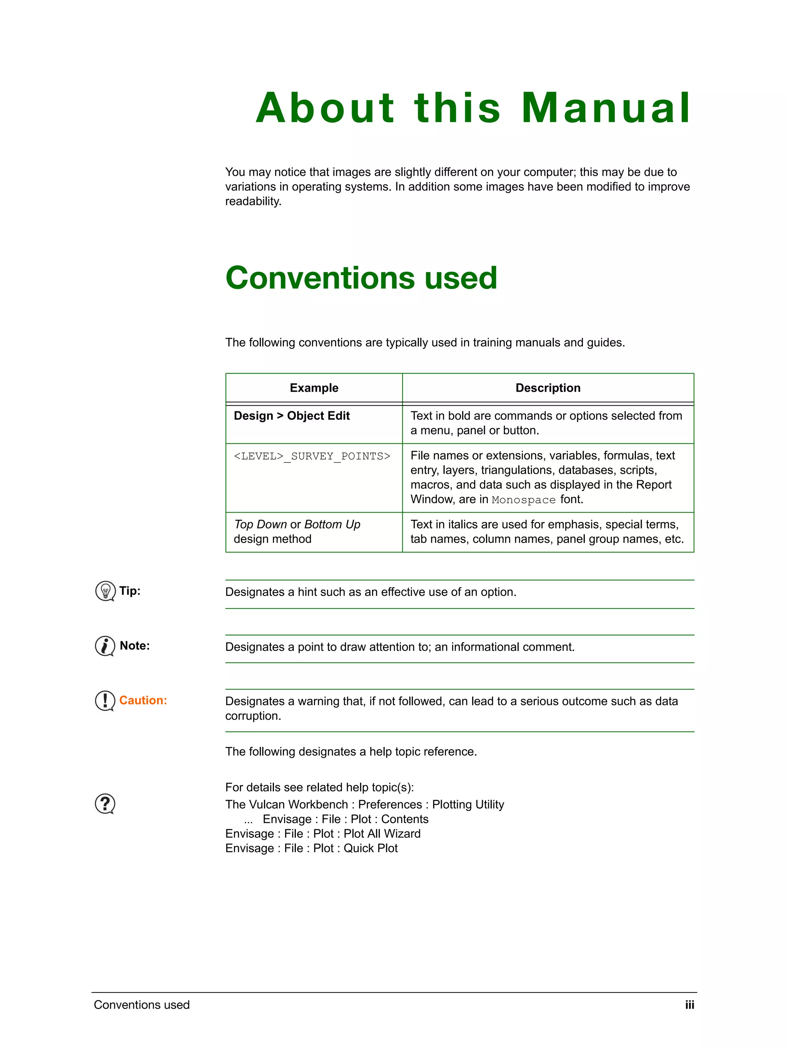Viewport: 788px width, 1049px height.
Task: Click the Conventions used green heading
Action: pyautogui.click(x=361, y=278)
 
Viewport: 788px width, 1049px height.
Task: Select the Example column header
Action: pyautogui.click(x=314, y=388)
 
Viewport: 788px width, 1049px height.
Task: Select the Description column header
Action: pyautogui.click(x=548, y=388)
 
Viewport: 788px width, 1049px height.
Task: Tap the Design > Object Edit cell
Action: pyautogui.click(x=292, y=416)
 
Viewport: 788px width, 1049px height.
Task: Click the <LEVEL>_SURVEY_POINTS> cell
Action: pyautogui.click(x=312, y=456)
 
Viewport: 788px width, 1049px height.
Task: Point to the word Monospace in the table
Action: pyautogui.click(x=523, y=500)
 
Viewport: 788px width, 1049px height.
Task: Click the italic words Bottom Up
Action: pyautogui.click(x=332, y=524)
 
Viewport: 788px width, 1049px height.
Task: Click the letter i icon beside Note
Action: pyautogui.click(x=105, y=646)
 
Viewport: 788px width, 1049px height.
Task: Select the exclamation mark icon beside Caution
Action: pyautogui.click(x=105, y=700)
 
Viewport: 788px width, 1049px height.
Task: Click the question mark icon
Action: pyautogui.click(x=105, y=804)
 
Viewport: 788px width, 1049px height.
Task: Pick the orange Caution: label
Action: pyautogui.click(x=143, y=700)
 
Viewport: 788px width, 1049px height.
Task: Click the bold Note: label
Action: pyautogui.click(x=135, y=646)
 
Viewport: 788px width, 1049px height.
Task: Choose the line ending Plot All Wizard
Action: pyautogui.click(x=323, y=834)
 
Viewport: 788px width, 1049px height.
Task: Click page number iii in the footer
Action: pyautogui.click(x=689, y=1005)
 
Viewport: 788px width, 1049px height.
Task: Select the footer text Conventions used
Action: pyautogui.click(x=142, y=1005)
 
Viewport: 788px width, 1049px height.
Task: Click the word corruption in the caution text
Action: pyautogui.click(x=253, y=716)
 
